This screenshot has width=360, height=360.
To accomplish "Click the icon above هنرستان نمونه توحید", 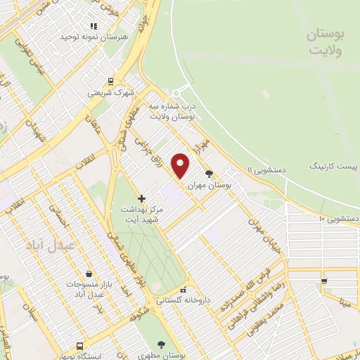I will point(94,26).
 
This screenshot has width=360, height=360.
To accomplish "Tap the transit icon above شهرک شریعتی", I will point(110,82).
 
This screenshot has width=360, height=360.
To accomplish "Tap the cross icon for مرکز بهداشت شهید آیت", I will point(142,199).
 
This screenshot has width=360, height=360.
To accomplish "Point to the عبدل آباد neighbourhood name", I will point(45,246).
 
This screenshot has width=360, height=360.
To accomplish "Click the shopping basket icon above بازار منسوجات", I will point(87,274).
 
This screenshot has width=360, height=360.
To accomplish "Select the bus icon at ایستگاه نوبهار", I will point(79,347).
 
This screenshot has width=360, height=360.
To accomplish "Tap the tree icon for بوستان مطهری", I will point(162,345).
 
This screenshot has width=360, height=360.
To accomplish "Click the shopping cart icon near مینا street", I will point(323,282).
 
